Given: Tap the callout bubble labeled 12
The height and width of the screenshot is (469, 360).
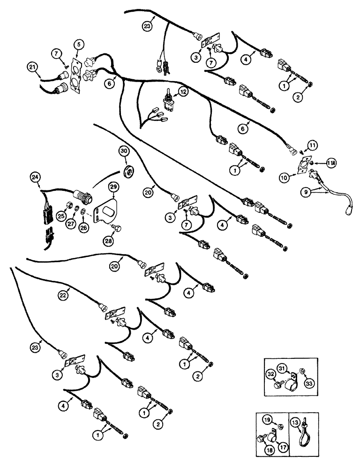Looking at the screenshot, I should coord(182,92).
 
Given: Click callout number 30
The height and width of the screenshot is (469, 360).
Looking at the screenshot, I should coord(123,151).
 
